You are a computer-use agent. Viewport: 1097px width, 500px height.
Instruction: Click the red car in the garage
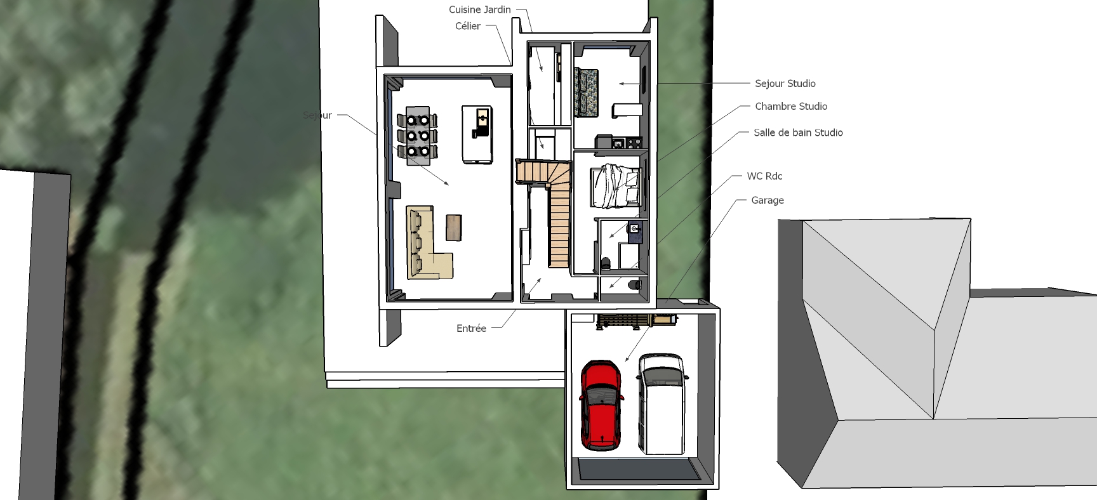tap(601, 405)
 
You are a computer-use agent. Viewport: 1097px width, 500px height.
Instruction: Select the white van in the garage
tap(662, 404)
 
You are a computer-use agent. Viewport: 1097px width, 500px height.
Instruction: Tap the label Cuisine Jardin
tap(480, 10)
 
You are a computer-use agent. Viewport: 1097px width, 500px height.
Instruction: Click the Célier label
tap(468, 26)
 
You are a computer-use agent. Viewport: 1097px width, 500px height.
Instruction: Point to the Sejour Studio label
tap(785, 83)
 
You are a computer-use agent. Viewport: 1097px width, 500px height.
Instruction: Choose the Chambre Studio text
tap(791, 106)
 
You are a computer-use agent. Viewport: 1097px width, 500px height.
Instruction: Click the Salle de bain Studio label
tap(798, 133)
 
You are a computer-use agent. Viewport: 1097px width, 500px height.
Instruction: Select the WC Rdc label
tap(764, 176)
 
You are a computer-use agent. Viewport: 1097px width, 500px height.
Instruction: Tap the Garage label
tap(768, 200)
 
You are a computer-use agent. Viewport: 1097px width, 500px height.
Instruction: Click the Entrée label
tap(471, 328)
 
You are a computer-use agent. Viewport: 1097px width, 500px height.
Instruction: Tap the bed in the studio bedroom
tap(615, 185)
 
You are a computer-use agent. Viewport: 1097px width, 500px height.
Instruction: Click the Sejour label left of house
tap(317, 115)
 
